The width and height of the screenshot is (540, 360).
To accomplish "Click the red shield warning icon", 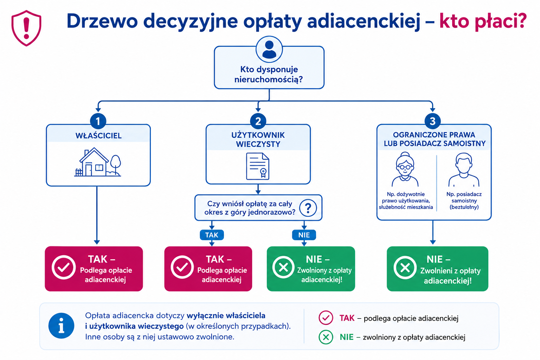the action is [x=26, y=28].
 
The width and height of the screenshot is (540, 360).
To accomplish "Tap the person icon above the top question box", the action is [x=269, y=50].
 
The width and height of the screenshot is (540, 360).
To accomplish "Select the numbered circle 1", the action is [x=98, y=121].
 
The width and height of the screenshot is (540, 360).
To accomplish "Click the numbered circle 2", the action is [x=258, y=121].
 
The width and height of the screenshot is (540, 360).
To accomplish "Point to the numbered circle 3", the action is [x=433, y=121].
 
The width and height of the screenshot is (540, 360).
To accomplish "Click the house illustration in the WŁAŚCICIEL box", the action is [x=98, y=162].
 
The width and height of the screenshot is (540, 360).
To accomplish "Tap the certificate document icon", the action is [x=258, y=166].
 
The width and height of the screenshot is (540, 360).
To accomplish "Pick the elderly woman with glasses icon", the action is [x=405, y=169].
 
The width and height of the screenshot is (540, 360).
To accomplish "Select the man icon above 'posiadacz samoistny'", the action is [x=464, y=170].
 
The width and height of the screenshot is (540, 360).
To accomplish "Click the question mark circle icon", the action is [x=308, y=208].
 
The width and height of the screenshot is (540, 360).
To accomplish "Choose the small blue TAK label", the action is [x=212, y=235].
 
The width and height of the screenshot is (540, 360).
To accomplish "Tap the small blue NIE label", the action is [x=304, y=235].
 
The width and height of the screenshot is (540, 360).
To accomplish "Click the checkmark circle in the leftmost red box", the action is [x=64, y=268].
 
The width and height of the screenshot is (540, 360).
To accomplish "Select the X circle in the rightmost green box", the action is [x=405, y=268].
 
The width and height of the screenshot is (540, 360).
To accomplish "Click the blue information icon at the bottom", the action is [x=61, y=326].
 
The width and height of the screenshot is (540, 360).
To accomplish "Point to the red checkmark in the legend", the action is [x=326, y=318].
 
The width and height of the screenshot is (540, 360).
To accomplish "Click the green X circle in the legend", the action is [x=326, y=337].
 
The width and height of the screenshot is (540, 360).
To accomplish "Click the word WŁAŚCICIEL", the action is [x=98, y=135].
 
